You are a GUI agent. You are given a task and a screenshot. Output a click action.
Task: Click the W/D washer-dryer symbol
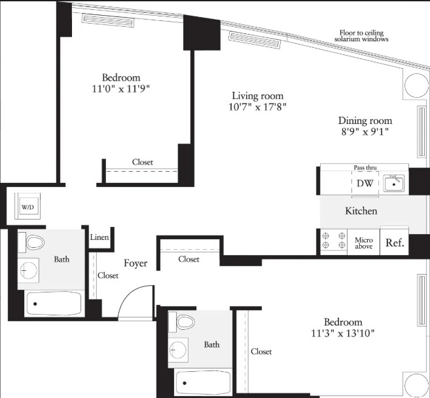(x=27, y=207)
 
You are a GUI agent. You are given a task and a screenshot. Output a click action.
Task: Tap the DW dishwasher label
(x=365, y=183)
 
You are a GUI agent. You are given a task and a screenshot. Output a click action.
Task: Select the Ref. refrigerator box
(x=395, y=242)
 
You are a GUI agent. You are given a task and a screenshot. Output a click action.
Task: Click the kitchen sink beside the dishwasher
(x=394, y=183)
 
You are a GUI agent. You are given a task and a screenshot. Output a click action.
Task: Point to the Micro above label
(x=364, y=243)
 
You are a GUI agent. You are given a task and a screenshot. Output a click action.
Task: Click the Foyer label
(x=135, y=263)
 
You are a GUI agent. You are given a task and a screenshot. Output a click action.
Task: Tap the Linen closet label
(x=99, y=237)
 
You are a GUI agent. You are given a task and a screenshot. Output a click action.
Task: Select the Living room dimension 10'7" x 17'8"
(x=257, y=107)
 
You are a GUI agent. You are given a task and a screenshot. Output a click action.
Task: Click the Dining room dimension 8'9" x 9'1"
(x=365, y=132)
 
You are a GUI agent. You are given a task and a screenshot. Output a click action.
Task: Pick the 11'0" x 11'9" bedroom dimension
(x=121, y=89)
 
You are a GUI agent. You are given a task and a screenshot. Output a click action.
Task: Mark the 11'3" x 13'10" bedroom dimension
(x=343, y=333)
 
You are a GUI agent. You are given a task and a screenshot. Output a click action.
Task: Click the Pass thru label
(x=365, y=167)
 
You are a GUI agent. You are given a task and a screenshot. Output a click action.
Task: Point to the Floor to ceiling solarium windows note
(x=361, y=35)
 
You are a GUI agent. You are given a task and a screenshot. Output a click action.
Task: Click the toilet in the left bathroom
(x=32, y=243)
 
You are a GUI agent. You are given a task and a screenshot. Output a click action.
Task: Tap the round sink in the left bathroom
(x=29, y=270)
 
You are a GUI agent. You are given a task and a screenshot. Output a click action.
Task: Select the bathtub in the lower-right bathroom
(x=203, y=383)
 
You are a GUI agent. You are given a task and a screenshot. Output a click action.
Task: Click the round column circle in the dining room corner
(x=416, y=85)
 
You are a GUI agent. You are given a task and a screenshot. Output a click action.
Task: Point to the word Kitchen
(x=361, y=211)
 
